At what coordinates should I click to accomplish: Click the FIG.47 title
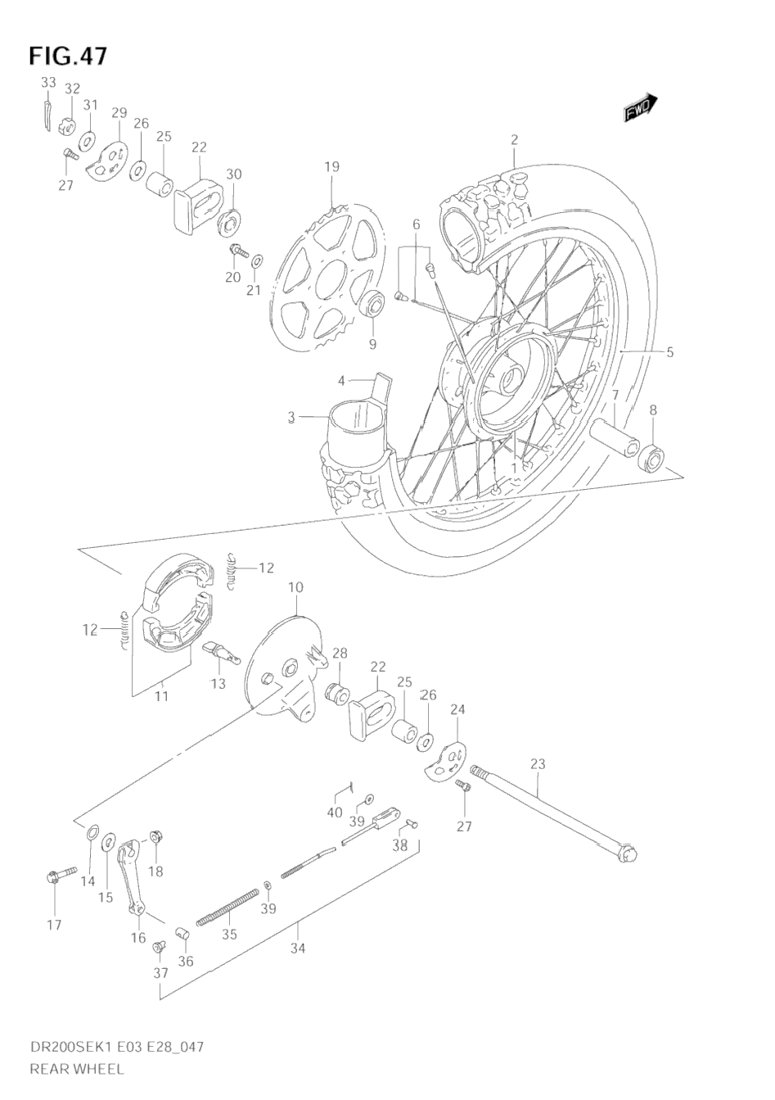tap(68, 56)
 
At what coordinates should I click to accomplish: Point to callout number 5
tap(669, 353)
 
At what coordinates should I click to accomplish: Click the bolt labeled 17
tap(56, 878)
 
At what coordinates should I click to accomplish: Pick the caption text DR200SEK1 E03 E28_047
tap(116, 1047)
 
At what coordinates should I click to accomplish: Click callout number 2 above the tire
tap(515, 139)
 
